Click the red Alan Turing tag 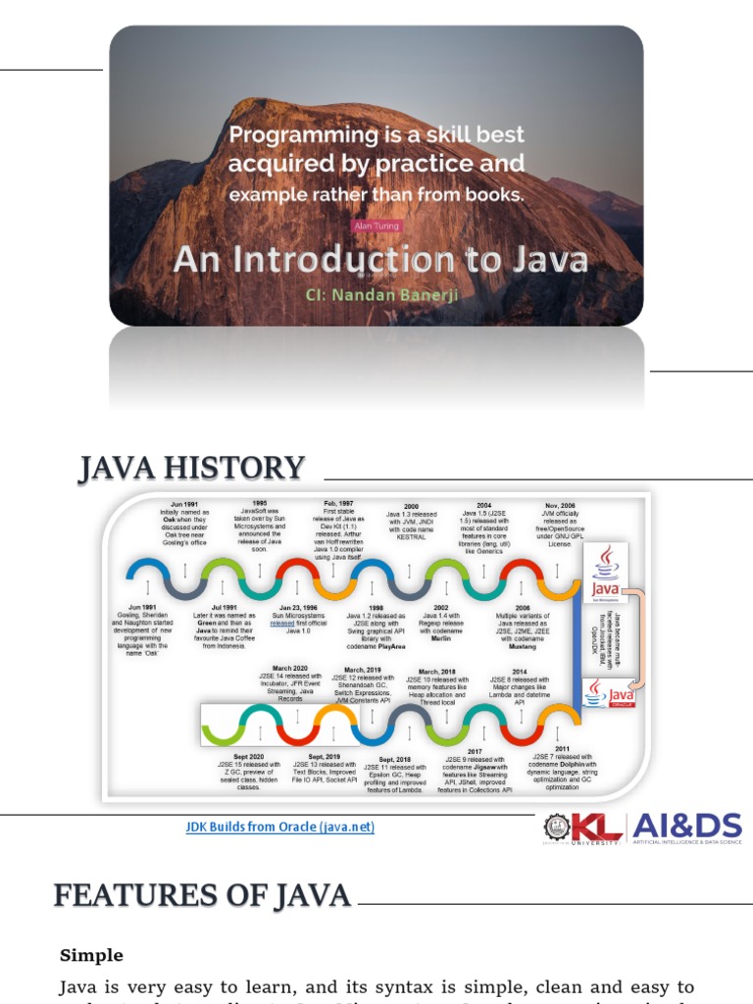point(376,226)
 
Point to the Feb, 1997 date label point(337,503)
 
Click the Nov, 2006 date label point(560,506)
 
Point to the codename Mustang point(522,647)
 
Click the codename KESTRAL point(412,537)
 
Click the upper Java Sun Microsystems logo point(607,574)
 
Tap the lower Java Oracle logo point(608,695)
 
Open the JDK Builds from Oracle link point(280,828)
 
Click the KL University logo point(584,828)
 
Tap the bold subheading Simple point(92,955)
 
